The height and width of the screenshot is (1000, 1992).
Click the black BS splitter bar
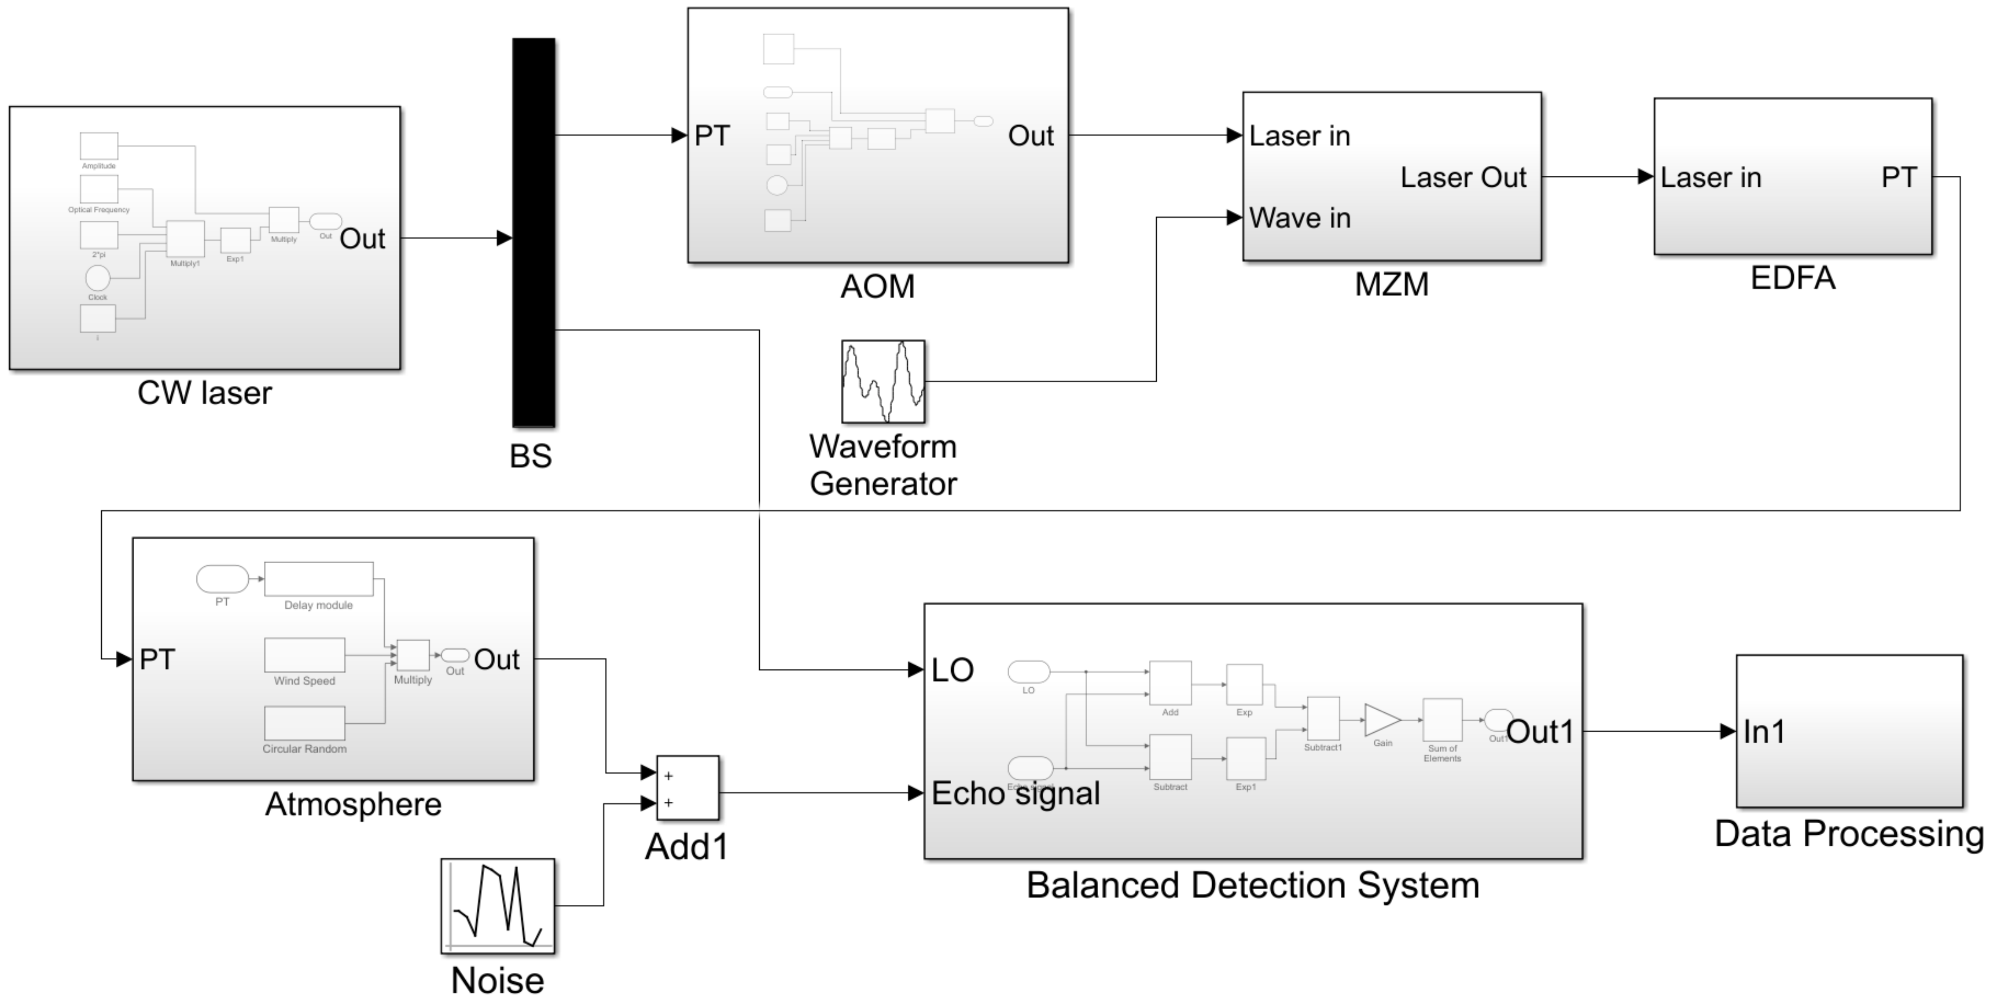[533, 232]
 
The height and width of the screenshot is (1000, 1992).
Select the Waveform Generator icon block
[883, 381]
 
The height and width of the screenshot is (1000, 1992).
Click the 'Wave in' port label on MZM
[1300, 218]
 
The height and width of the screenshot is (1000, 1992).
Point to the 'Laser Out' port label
[1463, 178]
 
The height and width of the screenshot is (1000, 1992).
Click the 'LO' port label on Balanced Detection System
[952, 670]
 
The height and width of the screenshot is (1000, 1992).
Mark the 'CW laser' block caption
[205, 393]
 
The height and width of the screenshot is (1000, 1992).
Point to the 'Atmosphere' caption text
[354, 804]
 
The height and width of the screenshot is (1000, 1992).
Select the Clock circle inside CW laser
[98, 277]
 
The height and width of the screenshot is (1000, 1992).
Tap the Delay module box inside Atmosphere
[319, 579]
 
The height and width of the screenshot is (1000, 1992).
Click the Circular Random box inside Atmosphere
[305, 723]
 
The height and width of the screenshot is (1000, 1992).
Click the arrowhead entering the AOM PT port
[680, 136]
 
